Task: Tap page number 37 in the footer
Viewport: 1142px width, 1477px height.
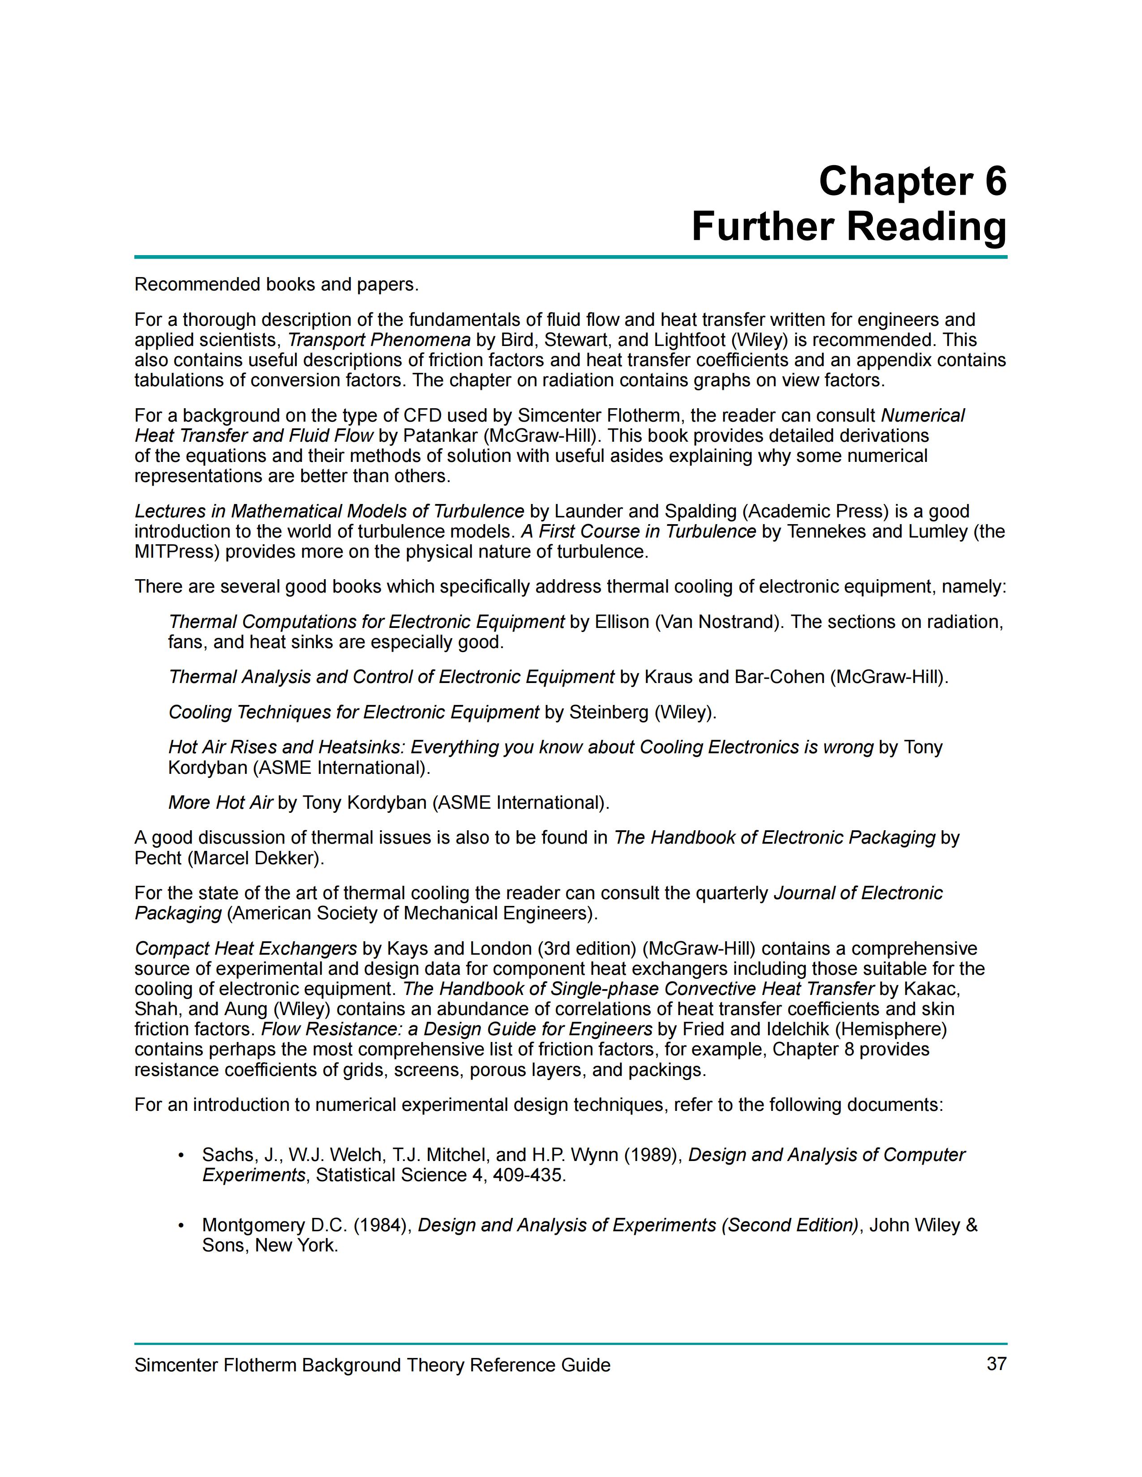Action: [x=996, y=1364]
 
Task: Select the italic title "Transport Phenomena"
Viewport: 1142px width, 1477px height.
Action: [x=379, y=340]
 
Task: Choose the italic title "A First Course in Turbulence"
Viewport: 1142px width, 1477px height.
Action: [x=638, y=532]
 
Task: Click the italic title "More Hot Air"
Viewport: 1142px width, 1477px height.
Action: [x=220, y=803]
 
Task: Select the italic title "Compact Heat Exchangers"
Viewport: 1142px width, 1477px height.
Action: [x=245, y=949]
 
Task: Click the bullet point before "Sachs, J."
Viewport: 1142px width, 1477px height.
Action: [x=180, y=1155]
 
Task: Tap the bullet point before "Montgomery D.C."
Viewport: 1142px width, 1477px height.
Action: [x=180, y=1225]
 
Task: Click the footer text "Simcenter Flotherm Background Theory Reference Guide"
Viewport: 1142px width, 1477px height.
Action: [x=372, y=1366]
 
